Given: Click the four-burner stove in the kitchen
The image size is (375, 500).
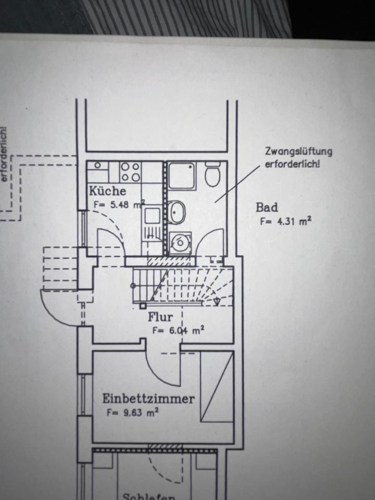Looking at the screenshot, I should pos(130,171).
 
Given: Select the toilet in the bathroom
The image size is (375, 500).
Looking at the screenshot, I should pos(212,174).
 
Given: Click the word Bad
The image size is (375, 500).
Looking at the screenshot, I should pos(267,207).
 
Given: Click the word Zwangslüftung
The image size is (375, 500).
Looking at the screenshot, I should pos(298,152).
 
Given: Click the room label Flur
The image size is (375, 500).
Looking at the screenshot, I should pos(160,317).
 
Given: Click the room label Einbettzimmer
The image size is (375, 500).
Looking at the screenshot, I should pos(148,399).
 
